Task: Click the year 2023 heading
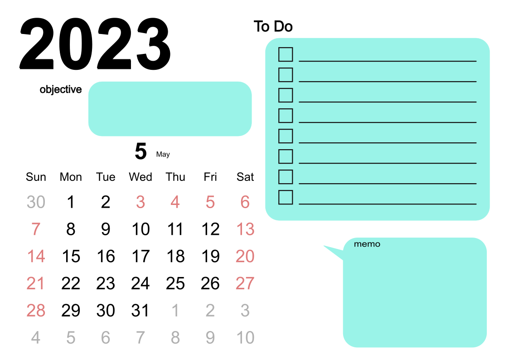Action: pos(95,44)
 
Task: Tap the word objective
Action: pos(61,90)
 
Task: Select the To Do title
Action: pos(273,26)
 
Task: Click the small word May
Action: pos(163,155)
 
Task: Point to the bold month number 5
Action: pos(141,151)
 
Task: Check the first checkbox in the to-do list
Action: pos(286,54)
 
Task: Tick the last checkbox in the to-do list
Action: pos(286,197)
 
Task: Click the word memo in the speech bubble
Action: pos(367,244)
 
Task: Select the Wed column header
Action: pos(141,177)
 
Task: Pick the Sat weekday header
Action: pos(245,177)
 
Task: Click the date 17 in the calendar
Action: pos(141,256)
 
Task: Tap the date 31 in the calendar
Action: pos(140,311)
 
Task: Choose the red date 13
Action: pos(245,229)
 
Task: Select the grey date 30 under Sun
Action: pos(36,202)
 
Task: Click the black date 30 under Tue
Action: pos(106,311)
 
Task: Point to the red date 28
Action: pos(36,311)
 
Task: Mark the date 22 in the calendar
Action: pos(71,283)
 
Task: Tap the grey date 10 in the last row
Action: pos(245,338)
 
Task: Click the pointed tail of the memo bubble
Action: pos(325,246)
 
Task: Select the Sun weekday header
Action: pos(36,177)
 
